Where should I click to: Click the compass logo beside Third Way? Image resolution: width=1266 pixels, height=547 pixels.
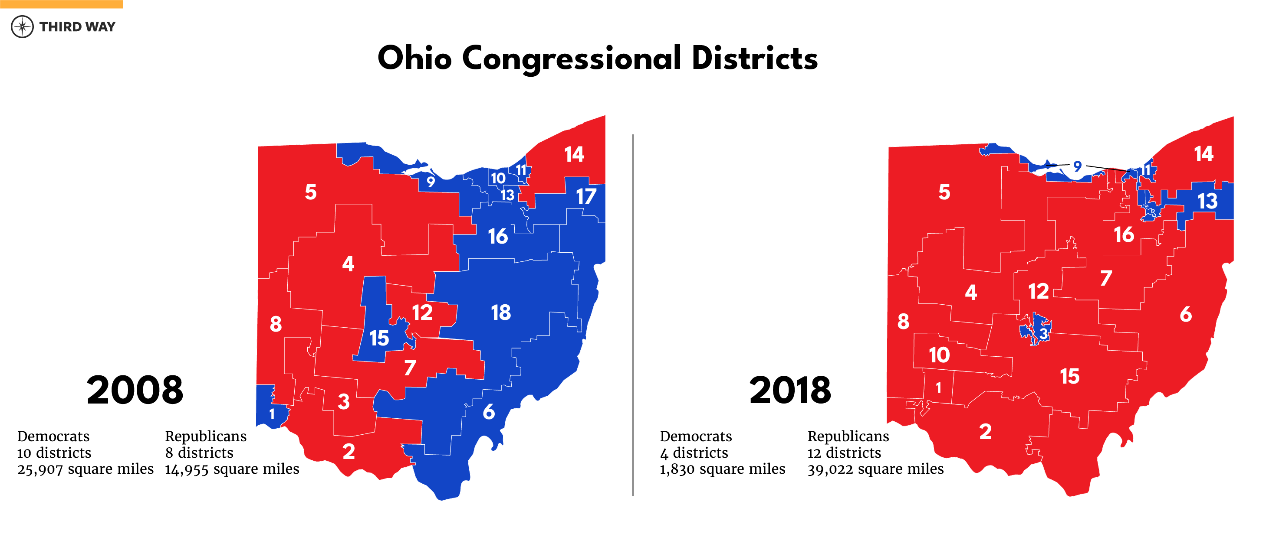22,26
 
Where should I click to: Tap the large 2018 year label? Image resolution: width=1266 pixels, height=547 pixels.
790,391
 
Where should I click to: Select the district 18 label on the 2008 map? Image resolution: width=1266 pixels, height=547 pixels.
501,312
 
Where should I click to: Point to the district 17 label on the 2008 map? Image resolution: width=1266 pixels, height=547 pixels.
586,196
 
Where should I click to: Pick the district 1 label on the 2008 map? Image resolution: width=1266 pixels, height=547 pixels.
272,414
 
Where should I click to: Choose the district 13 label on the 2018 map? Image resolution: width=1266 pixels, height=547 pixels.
1207,201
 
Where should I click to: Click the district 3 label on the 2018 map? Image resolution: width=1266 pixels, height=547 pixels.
1043,334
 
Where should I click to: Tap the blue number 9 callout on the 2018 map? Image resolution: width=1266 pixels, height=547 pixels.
1077,166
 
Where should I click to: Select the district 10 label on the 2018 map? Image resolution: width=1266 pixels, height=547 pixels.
939,355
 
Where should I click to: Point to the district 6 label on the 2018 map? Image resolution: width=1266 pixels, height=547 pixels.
1185,314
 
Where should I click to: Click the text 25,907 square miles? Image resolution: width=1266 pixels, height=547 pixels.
85,469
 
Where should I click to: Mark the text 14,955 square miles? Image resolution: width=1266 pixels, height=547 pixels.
232,469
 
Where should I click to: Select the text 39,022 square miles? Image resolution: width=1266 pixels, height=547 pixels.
875,469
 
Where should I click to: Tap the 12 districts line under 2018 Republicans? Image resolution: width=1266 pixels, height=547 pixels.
844,453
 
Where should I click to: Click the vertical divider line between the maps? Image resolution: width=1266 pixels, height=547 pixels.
633,314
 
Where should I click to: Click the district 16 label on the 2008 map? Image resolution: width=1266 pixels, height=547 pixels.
497,237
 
